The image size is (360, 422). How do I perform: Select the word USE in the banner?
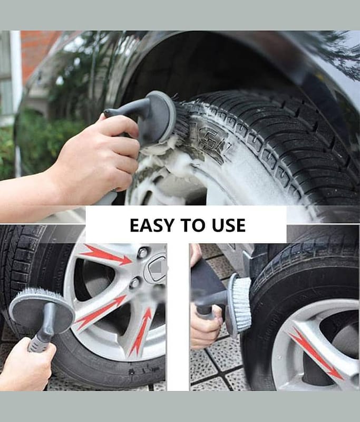229,225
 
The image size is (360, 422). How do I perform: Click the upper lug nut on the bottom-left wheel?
142,252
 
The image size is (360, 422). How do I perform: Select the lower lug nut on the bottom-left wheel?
134,282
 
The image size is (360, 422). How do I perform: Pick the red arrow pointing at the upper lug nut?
105,254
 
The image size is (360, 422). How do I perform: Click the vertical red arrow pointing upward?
140,332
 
